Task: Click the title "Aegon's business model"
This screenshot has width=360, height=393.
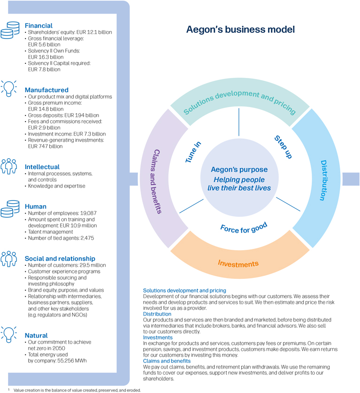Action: (240, 30)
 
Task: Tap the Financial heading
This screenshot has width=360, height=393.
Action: (38, 25)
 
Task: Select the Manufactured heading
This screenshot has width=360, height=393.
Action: (46, 90)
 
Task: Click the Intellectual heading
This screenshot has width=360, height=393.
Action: (42, 167)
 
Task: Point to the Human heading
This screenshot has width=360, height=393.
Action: (36, 206)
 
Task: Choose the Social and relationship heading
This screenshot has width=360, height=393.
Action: (60, 259)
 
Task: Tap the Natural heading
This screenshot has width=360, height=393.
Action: (36, 336)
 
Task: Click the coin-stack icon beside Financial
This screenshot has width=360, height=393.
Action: (12, 28)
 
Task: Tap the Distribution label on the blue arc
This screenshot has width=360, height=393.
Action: (328, 180)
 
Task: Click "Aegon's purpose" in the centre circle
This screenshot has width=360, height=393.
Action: (239, 170)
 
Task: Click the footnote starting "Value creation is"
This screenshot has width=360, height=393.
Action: (77, 389)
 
